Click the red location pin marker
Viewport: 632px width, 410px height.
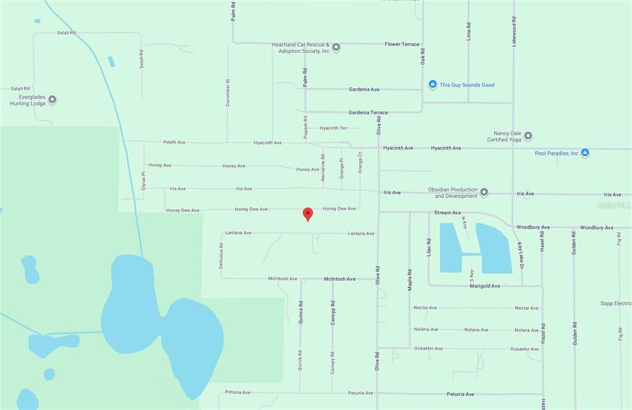pyautogui.click(x=307, y=214)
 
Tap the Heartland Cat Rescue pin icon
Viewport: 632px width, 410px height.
pyautogui.click(x=336, y=47)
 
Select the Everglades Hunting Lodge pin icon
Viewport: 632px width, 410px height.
pyautogui.click(x=52, y=99)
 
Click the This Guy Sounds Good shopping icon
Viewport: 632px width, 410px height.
pyautogui.click(x=433, y=85)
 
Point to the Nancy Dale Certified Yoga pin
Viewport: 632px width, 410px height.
pyautogui.click(x=528, y=136)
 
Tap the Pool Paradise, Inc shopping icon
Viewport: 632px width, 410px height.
pyautogui.click(x=585, y=153)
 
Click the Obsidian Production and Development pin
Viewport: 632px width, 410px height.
pyautogui.click(x=484, y=193)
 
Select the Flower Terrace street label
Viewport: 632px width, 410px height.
pyautogui.click(x=402, y=44)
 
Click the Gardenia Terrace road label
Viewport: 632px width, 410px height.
pyautogui.click(x=368, y=112)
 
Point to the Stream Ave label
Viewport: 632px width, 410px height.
pyautogui.click(x=447, y=212)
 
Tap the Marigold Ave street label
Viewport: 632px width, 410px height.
pyautogui.click(x=484, y=286)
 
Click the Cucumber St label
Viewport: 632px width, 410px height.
pyautogui.click(x=228, y=93)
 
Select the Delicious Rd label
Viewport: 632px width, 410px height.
pyautogui.click(x=221, y=255)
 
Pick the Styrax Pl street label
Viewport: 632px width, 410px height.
pyautogui.click(x=144, y=181)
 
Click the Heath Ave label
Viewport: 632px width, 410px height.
pyautogui.click(x=174, y=142)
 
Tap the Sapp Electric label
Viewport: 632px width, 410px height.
pyautogui.click(x=615, y=303)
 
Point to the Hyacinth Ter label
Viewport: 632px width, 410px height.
pyautogui.click(x=333, y=128)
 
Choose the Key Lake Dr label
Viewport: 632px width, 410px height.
pyautogui.click(x=520, y=255)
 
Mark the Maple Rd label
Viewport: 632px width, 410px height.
pyautogui.click(x=409, y=280)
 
